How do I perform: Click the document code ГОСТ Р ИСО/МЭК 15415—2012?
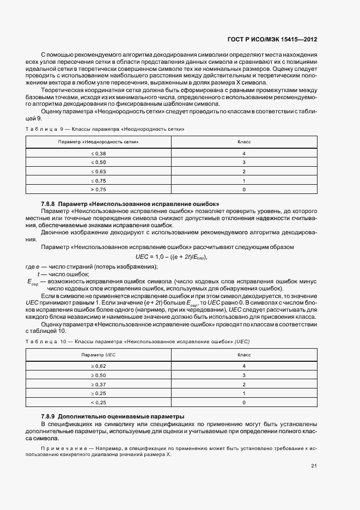[288, 39]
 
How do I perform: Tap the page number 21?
[314, 465]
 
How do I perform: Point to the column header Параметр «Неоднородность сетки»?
[99, 142]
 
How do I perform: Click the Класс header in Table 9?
[243, 142]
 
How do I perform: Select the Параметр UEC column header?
[99, 355]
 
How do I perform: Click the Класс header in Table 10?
[243, 355]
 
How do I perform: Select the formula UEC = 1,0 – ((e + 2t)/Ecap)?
[172, 257]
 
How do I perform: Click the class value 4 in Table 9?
[243, 154]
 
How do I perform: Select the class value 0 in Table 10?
[243, 402]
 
